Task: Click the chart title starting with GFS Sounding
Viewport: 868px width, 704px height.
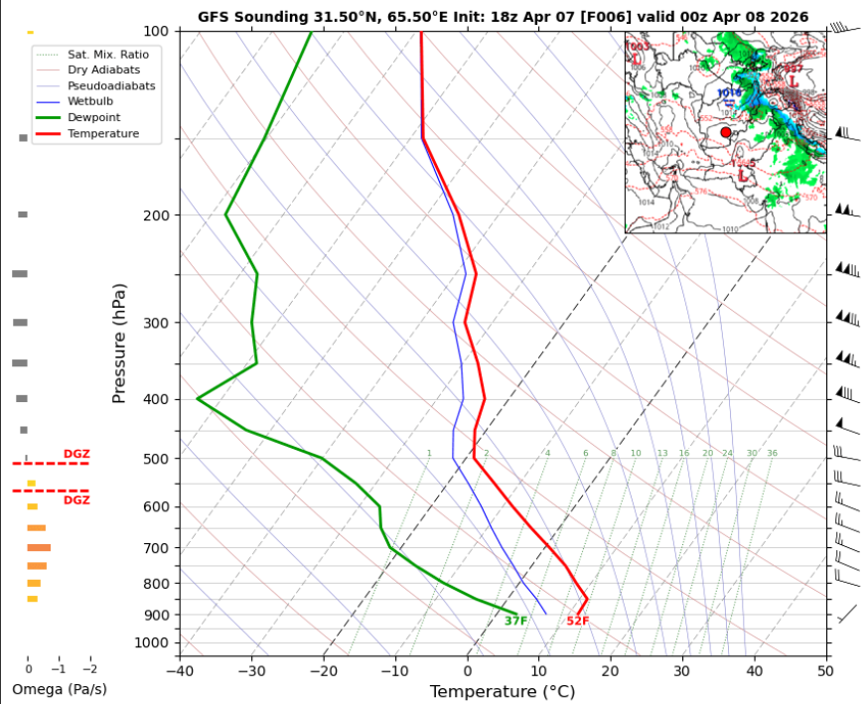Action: pos(503,17)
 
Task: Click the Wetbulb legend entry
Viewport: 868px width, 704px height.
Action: pos(90,101)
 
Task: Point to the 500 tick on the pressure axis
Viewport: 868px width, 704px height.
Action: pos(156,459)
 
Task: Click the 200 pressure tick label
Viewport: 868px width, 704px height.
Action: pos(156,215)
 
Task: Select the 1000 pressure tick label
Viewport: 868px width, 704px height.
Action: pos(152,643)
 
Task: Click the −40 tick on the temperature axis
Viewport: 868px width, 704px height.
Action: pos(180,671)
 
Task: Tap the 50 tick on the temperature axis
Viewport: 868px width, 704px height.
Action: pos(825,671)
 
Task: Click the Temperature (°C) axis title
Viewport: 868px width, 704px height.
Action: pos(503,691)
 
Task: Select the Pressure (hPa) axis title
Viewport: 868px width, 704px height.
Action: pos(119,343)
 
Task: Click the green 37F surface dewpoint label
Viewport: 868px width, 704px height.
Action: pos(515,622)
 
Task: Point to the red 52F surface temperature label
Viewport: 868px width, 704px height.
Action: pos(578,622)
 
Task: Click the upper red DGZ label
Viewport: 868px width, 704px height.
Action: pos(76,454)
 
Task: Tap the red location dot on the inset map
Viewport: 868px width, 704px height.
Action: pos(726,132)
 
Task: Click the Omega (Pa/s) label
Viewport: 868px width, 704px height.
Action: pos(59,689)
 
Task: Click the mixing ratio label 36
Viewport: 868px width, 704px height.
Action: pos(772,453)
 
